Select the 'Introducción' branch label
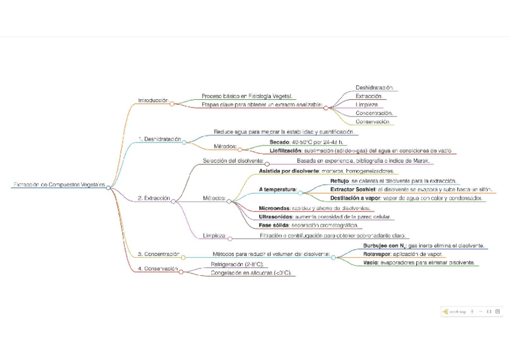click(153, 100)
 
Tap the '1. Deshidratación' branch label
click(159, 139)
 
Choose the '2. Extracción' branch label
click(154, 198)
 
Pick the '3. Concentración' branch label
click(159, 254)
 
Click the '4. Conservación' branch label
click(158, 269)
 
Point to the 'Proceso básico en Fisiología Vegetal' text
click(247, 96)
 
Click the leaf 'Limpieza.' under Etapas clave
click(366, 105)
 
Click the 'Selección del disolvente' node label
click(233, 161)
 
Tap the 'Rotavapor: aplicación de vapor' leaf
click(402, 254)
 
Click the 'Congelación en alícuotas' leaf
click(251, 273)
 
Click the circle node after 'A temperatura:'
click(300, 192)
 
